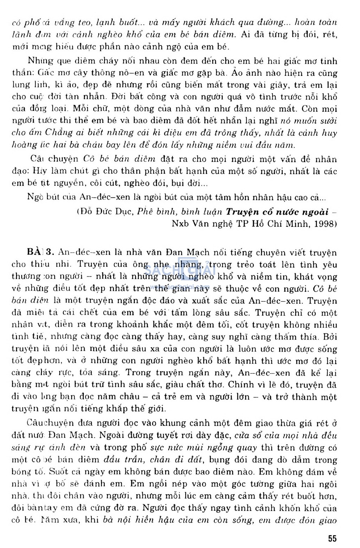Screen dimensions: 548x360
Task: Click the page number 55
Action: tap(332, 539)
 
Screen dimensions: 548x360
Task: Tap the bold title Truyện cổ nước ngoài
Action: tap(277, 211)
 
